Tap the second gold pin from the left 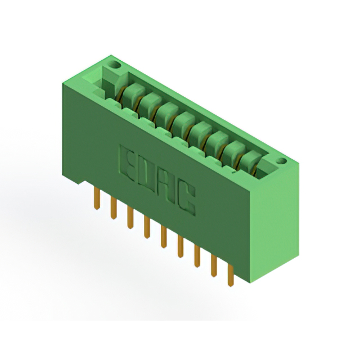pyautogui.click(x=114, y=208)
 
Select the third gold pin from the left pyautogui.click(x=130, y=217)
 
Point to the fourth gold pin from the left pyautogui.click(x=147, y=227)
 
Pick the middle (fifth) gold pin pyautogui.click(x=164, y=237)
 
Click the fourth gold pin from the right pyautogui.click(x=181, y=246)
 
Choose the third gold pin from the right pyautogui.click(x=197, y=256)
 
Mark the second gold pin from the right pyautogui.click(x=214, y=266)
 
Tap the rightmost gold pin pyautogui.click(x=231, y=275)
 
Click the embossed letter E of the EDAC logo pyautogui.click(x=129, y=164)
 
